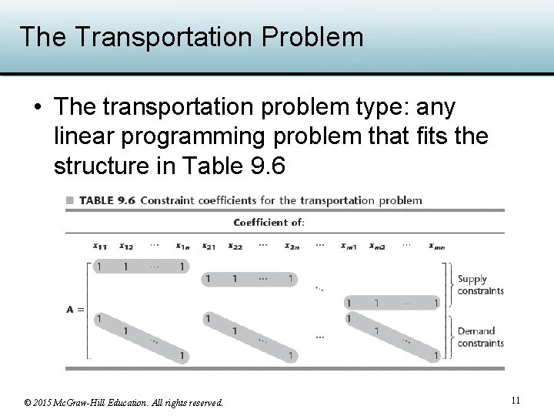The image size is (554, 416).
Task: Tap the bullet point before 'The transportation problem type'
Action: (36, 106)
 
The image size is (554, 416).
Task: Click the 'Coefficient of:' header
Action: (269, 223)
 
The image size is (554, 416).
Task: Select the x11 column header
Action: (100, 247)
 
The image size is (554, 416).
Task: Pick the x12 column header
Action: (126, 247)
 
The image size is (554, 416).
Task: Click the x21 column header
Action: (208, 247)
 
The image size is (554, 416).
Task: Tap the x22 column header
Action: (235, 247)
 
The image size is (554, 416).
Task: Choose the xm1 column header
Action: (349, 247)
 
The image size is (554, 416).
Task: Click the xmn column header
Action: (436, 247)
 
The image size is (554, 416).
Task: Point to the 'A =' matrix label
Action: (75, 310)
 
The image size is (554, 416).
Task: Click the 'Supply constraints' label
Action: (480, 285)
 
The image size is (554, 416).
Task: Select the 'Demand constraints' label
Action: (480, 337)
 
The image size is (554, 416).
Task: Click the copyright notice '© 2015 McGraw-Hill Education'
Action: (124, 402)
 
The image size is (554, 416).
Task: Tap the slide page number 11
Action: (516, 400)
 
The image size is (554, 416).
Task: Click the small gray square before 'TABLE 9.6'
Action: (70, 200)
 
